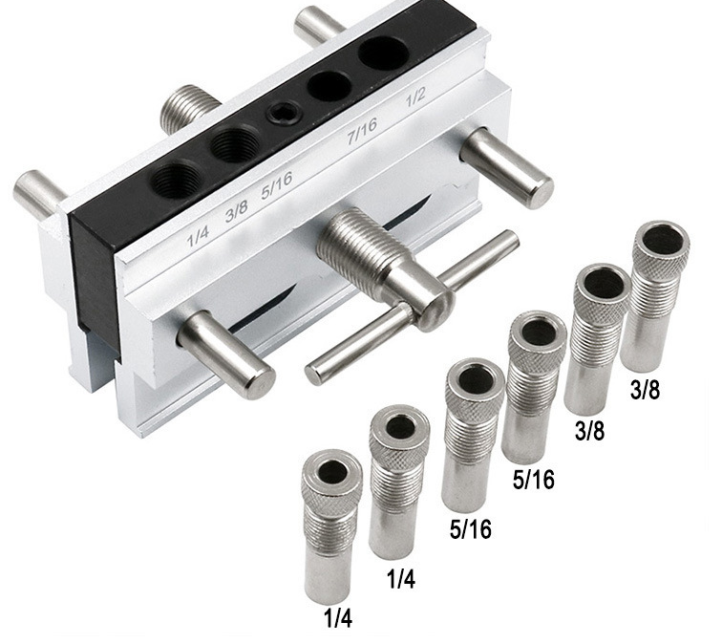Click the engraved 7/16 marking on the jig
[362, 131]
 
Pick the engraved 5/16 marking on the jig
[277, 185]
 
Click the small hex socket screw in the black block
[282, 113]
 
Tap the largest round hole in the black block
[384, 53]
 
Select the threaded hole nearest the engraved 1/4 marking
[176, 179]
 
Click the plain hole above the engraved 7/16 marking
[329, 86]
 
